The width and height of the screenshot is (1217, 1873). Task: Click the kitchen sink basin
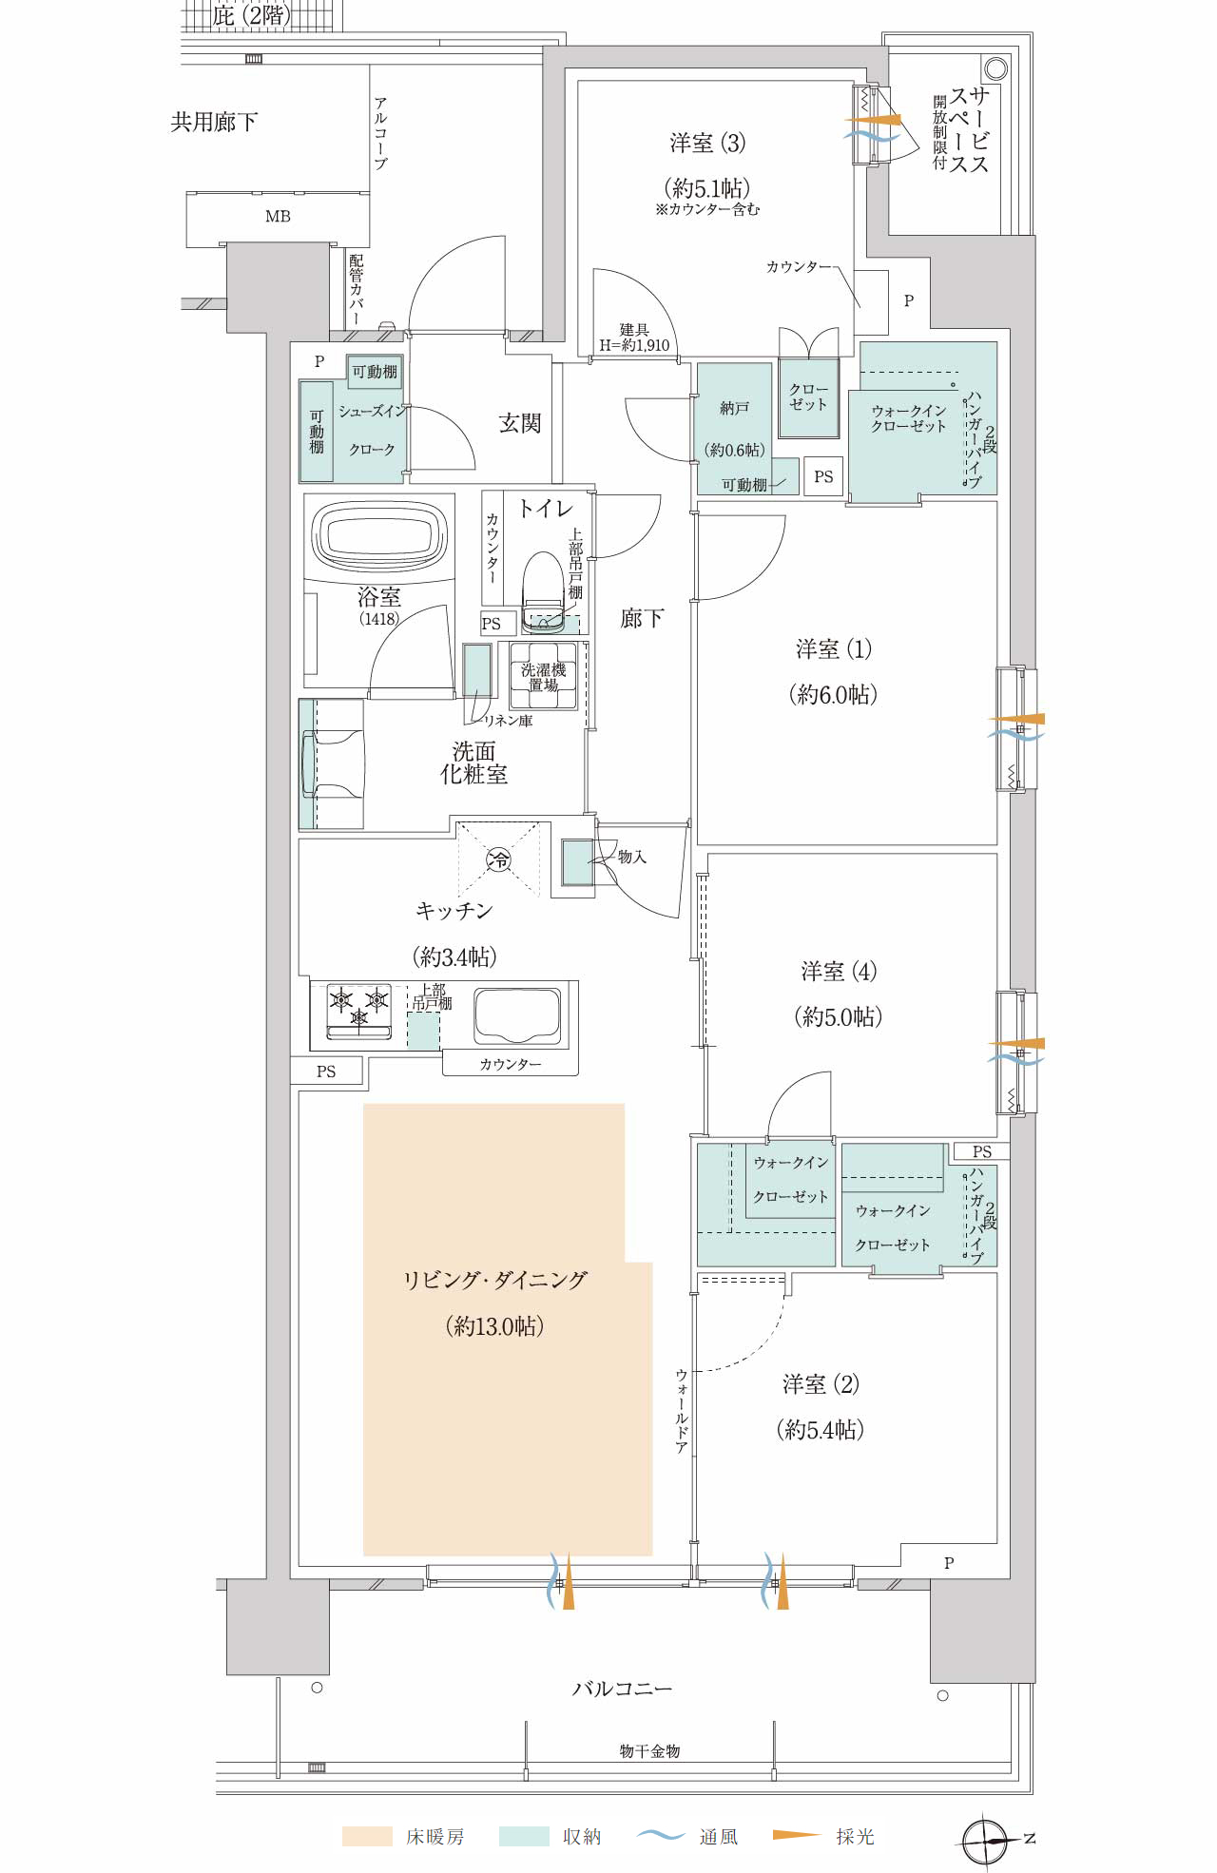[x=517, y=1016]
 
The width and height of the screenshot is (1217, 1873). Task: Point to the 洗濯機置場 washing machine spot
[x=543, y=676]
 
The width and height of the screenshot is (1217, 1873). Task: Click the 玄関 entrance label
[x=519, y=423]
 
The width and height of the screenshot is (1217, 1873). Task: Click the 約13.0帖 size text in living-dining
[x=494, y=1326]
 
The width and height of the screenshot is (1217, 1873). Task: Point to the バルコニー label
[x=622, y=1689]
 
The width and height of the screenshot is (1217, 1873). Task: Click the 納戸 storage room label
[x=734, y=408]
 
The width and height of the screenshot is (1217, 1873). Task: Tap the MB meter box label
[x=278, y=217]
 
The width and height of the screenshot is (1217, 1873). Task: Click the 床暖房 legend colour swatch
[x=367, y=1836]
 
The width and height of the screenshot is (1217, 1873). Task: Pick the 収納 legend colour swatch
[x=524, y=1836]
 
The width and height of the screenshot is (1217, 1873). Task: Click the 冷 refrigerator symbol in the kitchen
[x=498, y=860]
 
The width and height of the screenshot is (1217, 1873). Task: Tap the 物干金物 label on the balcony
[x=649, y=1750]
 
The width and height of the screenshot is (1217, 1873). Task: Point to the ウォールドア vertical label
[x=681, y=1411]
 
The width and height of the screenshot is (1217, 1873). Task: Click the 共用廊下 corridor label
[x=214, y=122]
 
